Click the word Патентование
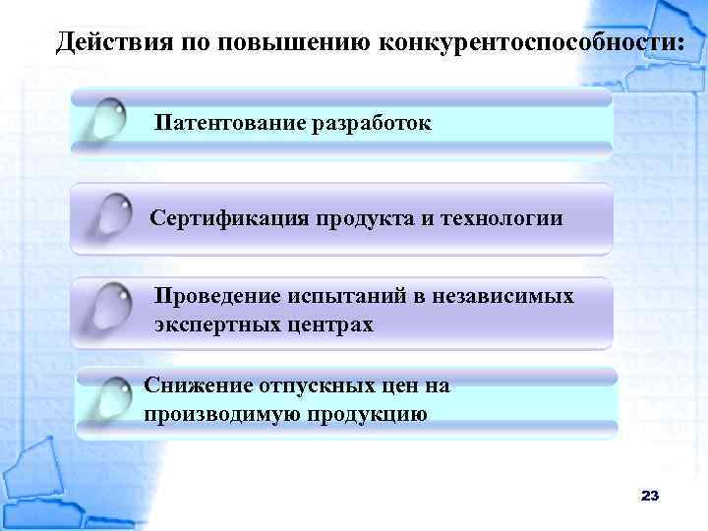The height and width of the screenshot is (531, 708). click(x=228, y=125)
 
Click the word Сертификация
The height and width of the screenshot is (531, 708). click(x=229, y=217)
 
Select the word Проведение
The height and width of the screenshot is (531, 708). click(x=219, y=296)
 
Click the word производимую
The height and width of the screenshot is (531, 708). click(x=220, y=414)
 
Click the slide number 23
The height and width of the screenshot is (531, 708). click(x=649, y=496)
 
